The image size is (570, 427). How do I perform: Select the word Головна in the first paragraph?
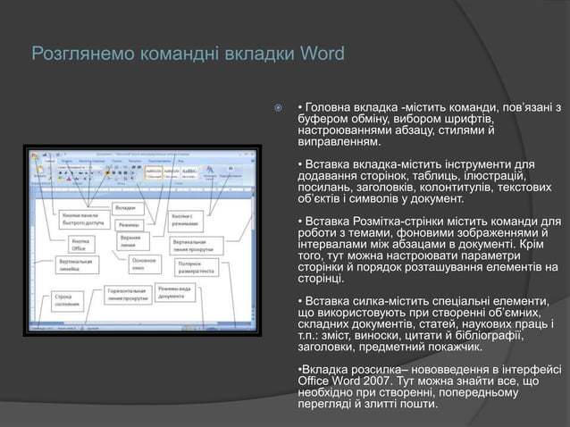(332, 109)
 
